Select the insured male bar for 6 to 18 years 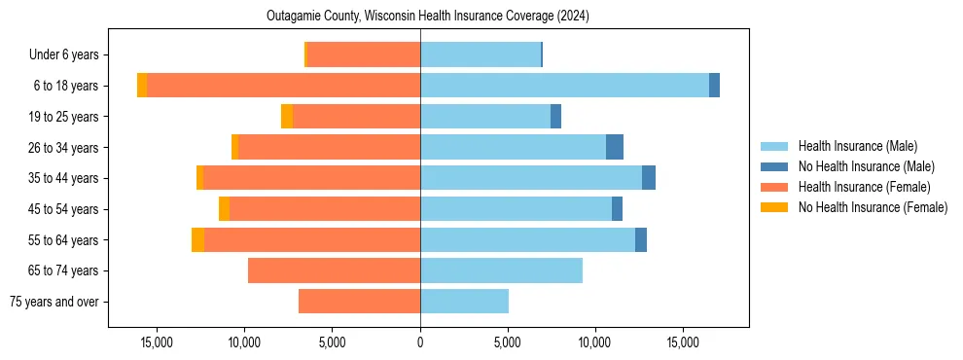point(564,86)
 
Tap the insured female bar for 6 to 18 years point(283,86)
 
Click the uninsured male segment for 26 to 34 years point(615,147)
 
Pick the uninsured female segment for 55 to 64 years point(197,239)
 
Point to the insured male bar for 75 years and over point(464,302)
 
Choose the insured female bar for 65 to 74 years point(334,270)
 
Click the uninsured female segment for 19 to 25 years point(287,117)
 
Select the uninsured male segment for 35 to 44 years point(649,178)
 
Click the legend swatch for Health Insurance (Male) point(774,146)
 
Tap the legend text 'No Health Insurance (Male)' point(866,166)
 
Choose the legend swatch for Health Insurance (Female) point(774,187)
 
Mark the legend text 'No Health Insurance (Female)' point(873,207)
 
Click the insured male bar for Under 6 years point(481,55)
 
